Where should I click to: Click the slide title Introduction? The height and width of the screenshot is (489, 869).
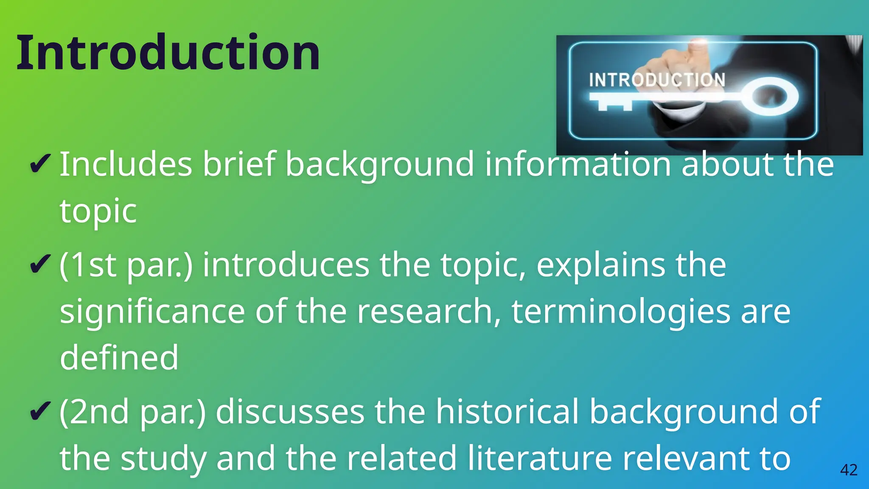pos(168,53)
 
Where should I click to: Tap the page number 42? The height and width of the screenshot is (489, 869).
pos(849,470)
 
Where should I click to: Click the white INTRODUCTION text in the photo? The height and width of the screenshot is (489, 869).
pos(657,80)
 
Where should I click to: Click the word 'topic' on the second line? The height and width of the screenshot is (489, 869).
pos(98,211)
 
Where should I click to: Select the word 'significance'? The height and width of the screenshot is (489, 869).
pos(152,312)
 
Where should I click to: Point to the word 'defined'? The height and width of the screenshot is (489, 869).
pos(119,357)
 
